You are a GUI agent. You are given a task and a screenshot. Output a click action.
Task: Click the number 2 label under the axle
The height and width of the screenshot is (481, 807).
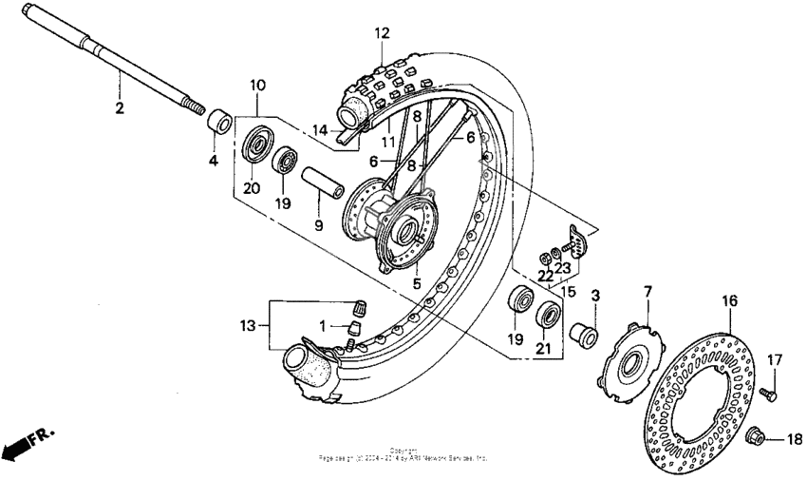[x=120, y=107]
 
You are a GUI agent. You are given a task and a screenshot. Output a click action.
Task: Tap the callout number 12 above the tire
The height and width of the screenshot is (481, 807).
[x=382, y=33]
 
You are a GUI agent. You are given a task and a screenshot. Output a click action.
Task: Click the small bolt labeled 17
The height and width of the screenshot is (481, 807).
[x=768, y=392]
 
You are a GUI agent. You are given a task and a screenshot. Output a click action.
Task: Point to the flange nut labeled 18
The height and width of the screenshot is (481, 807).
[x=758, y=438]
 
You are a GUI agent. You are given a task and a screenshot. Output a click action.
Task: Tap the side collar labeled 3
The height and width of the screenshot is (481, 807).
[x=582, y=336]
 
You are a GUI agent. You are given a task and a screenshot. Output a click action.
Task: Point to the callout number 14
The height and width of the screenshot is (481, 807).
[x=322, y=129]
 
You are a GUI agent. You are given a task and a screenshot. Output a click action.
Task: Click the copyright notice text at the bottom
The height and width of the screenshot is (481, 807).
[x=403, y=455]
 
